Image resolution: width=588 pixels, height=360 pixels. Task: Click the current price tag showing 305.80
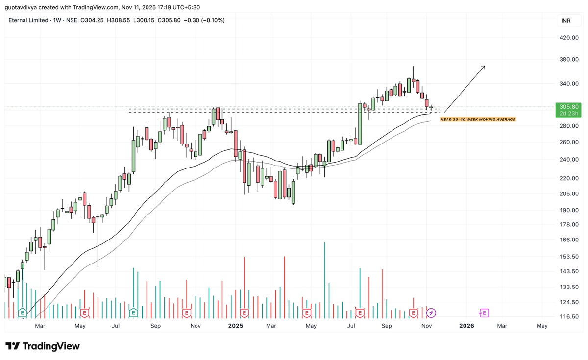point(569,106)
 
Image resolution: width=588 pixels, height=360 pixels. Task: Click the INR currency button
point(566,21)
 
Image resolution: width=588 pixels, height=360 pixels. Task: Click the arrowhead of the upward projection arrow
point(484,67)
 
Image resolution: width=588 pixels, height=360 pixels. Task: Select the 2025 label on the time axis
point(236,326)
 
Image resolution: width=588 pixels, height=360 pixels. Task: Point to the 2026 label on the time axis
point(467,326)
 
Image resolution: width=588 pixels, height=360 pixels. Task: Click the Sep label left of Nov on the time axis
point(387,326)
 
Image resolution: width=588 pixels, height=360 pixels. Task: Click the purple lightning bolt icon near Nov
point(432,312)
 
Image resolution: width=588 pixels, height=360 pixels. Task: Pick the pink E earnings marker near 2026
point(484,312)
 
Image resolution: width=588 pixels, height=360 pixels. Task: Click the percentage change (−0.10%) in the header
point(211,20)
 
